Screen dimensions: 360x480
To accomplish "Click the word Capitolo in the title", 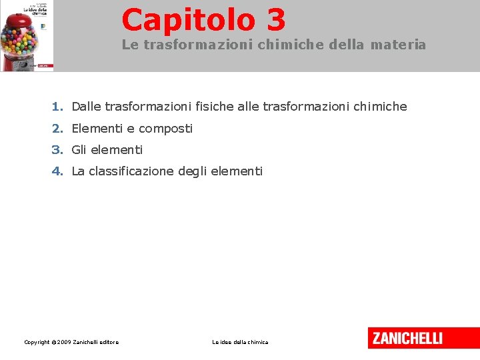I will coord(188,19).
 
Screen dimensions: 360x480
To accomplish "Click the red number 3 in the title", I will coord(276,19).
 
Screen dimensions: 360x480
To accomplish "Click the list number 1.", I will coord(57,107).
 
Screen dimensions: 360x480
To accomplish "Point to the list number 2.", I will coord(57,128).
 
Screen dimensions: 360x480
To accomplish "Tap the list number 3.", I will coord(57,149).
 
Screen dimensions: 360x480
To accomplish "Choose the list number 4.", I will coord(57,171).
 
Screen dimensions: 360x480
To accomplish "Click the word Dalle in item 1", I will coord(86,107).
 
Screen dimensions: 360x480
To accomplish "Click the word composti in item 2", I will coord(165,128).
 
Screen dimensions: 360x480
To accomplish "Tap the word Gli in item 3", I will coord(79,149).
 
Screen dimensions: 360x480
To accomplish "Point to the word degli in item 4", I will coord(192,171).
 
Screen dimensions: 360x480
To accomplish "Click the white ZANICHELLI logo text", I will coord(407,338).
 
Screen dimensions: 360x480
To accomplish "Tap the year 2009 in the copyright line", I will coord(64,342).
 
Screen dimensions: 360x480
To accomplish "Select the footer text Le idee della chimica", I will coord(240,342).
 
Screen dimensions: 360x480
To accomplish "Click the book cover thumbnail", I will coord(27,35).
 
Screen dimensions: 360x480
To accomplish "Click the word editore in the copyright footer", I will coord(108,342).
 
